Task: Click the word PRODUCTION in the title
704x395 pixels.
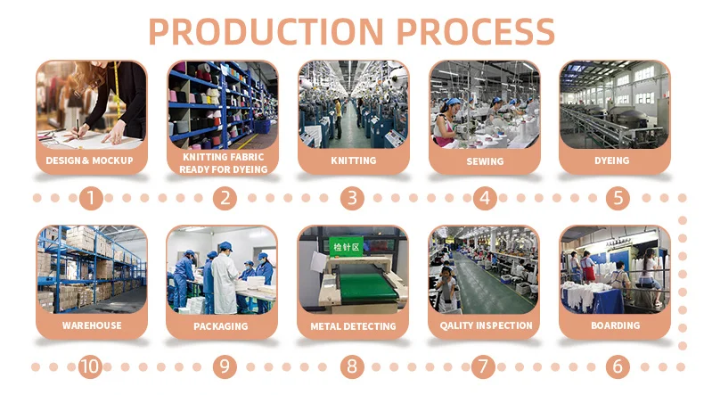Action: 266,31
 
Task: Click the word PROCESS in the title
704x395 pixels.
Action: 476,31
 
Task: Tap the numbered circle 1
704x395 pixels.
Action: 91,198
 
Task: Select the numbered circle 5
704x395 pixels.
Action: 618,198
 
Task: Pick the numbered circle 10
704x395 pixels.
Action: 90,366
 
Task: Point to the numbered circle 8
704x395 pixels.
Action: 352,366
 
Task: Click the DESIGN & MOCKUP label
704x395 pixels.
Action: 89,160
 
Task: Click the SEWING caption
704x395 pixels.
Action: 485,161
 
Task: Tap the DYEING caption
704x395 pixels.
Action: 612,160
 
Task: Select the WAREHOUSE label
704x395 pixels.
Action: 92,325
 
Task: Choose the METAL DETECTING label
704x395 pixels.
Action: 354,326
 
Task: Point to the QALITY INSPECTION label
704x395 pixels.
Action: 486,325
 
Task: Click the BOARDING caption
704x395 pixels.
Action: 616,325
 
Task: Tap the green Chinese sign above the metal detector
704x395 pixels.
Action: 346,247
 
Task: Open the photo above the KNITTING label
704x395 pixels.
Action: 354,104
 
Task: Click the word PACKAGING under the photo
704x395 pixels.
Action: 221,326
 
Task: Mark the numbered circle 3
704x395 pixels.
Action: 352,198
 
